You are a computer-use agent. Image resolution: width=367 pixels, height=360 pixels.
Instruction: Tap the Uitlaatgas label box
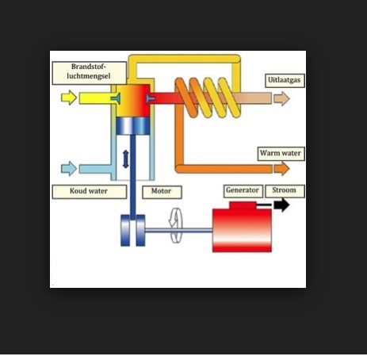[285, 81]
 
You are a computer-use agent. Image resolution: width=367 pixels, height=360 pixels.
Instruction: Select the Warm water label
[281, 154]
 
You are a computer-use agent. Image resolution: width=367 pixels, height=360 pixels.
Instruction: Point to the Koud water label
[90, 192]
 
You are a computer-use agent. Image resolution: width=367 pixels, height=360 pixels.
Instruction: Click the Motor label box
[162, 192]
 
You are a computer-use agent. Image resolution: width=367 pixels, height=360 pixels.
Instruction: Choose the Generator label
[243, 191]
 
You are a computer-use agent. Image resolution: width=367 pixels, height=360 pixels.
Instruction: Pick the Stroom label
[285, 191]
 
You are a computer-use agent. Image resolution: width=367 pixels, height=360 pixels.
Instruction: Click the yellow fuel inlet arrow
[69, 98]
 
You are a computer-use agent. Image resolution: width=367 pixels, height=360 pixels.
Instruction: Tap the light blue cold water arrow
[69, 169]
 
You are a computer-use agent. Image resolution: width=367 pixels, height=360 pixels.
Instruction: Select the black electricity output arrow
[281, 205]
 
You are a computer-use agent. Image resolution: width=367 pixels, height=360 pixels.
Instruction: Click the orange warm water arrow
[281, 169]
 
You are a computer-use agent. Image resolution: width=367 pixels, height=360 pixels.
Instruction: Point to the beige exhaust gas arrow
[281, 98]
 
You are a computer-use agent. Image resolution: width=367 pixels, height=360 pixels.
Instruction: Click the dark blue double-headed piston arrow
[126, 159]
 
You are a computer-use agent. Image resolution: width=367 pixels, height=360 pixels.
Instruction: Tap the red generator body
[242, 230]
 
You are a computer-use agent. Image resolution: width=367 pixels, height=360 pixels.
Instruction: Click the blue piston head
[133, 126]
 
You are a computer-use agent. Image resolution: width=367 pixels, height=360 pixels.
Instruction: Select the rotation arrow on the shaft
[176, 225]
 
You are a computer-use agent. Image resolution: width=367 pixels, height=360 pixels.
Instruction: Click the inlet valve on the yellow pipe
[116, 98]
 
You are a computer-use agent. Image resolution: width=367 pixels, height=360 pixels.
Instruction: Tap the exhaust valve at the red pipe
[150, 98]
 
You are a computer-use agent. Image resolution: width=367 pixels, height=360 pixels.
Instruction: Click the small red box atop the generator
[243, 205]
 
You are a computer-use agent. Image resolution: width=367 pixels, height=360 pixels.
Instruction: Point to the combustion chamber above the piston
[133, 101]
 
